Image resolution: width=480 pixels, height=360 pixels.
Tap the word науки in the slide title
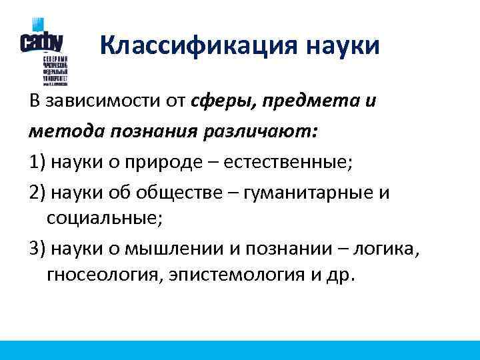click(343, 46)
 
